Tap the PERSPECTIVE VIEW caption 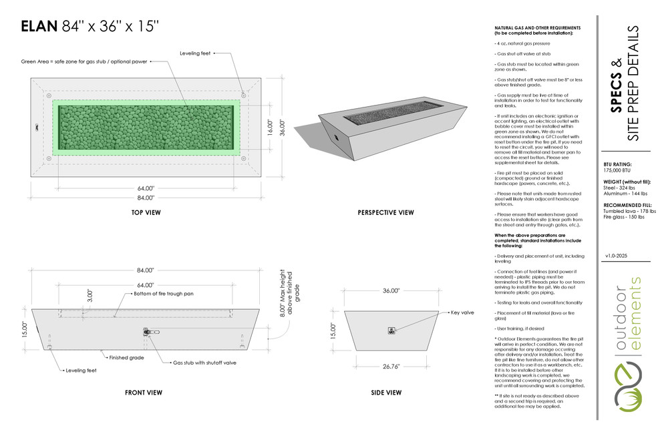pos(385,213)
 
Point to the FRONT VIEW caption pos(144,393)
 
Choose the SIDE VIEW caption pos(385,393)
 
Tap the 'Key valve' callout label pos(462,312)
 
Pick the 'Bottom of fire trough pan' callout pos(165,294)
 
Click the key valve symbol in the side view pos(391,329)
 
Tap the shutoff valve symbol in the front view pos(147,331)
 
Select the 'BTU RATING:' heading pos(617,164)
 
